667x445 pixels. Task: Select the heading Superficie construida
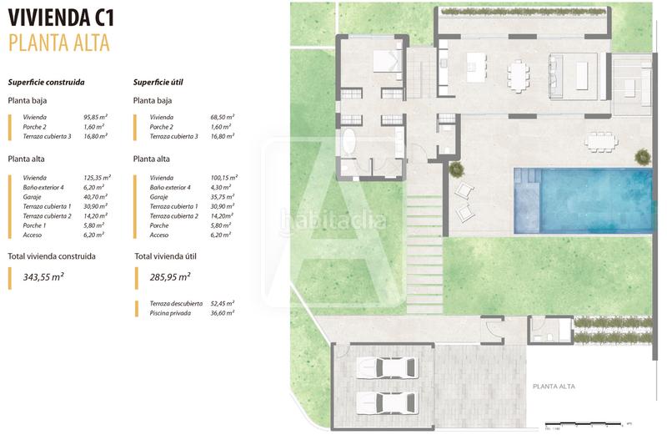tap(46, 83)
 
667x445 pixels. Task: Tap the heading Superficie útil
tap(158, 83)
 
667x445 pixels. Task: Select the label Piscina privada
tap(170, 312)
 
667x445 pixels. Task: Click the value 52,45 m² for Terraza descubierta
tap(223, 303)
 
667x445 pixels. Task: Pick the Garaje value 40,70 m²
tap(97, 196)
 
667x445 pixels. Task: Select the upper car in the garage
tap(385, 369)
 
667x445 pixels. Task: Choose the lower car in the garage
tap(385, 401)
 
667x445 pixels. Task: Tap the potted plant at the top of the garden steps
tap(457, 169)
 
